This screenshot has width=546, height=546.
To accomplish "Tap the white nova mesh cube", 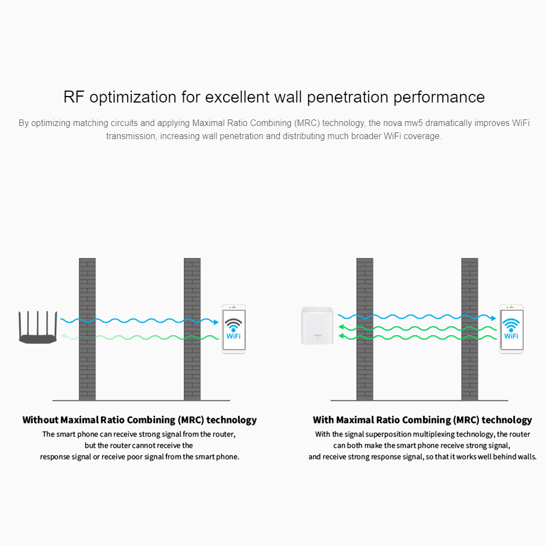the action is tap(317, 326).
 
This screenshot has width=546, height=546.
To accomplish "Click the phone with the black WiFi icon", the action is tap(233, 329).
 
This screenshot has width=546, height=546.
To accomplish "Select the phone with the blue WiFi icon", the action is tap(511, 329).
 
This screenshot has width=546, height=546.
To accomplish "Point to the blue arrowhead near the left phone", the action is tap(216, 322).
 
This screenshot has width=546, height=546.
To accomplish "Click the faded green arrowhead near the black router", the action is tap(63, 335).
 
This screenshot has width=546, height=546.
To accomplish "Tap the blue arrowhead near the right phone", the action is tap(494, 318).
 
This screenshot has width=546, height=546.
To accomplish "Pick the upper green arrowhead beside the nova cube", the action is tap(341, 327).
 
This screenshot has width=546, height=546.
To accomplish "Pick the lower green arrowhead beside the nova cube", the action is tap(341, 336).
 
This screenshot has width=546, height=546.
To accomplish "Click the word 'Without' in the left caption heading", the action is tap(40, 420).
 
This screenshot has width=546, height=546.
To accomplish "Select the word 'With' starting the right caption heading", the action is tap(323, 420).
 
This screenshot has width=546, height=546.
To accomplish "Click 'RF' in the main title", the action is tap(74, 97).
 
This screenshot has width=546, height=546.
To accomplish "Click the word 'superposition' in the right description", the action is tap(387, 434).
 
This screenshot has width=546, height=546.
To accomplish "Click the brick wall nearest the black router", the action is tap(87, 329).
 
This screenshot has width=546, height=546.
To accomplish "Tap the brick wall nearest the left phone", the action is tap(192, 329).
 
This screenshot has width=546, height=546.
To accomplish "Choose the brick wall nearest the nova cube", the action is tap(365, 329).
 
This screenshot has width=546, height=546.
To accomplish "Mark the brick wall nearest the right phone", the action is tap(470, 329).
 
